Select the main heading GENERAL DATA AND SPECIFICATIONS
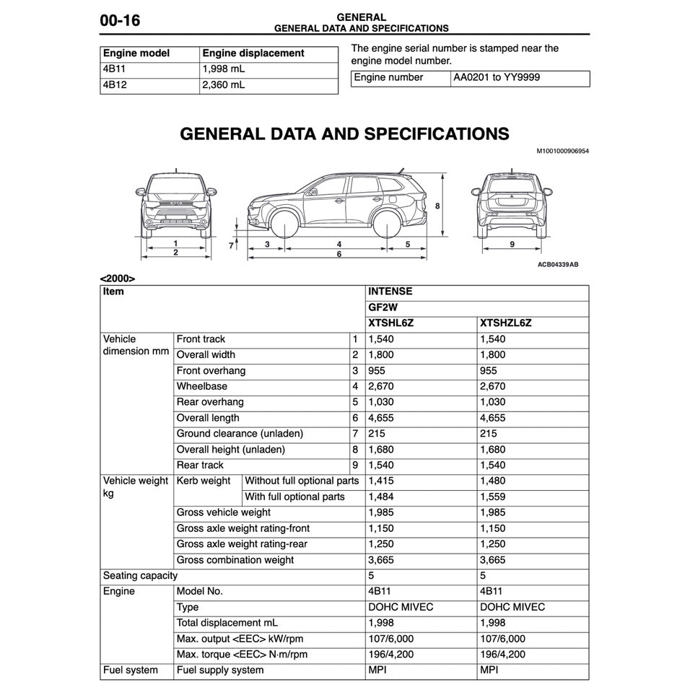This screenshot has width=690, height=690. point(344,134)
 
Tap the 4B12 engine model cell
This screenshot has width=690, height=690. point(115,85)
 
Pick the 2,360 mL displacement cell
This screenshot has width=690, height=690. point(224,85)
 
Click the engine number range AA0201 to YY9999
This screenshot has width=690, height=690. point(497,77)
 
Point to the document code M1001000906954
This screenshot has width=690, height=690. point(562,152)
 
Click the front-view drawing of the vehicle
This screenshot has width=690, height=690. point(175,208)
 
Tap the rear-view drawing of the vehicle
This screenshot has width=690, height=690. point(512,208)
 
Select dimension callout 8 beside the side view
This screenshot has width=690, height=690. point(437,206)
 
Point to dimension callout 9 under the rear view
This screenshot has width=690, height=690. point(512,245)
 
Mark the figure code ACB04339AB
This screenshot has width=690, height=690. point(557,265)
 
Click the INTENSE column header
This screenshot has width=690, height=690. point(390,292)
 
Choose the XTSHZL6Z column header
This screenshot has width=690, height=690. point(505,323)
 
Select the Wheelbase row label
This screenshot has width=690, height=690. point(202,387)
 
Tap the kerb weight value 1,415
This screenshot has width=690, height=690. point(381,481)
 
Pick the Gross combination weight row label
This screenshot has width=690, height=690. point(235,560)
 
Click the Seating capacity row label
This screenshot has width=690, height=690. point(140,576)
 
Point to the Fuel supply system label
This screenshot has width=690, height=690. point(220,671)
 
